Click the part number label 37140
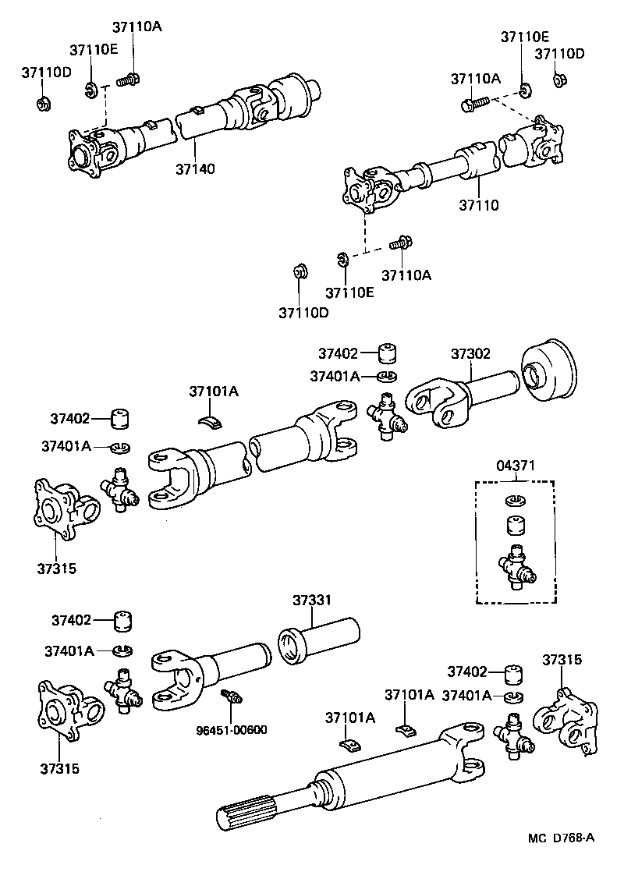pos(195,168)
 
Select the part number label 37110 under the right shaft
pos(478,206)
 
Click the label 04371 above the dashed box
pos(516,466)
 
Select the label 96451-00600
pos(232,730)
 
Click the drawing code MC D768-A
pos(561,838)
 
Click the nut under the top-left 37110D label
pos(44,104)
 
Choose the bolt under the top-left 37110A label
pos(127,79)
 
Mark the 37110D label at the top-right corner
pos(559,54)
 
